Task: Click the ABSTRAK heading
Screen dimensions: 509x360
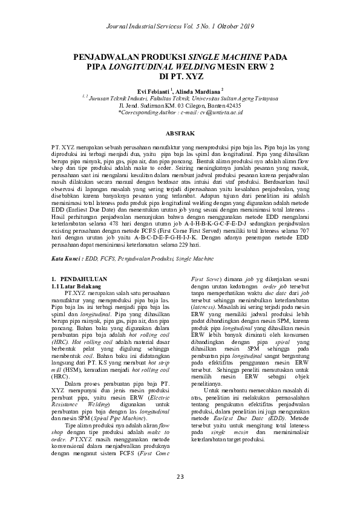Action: [180, 132]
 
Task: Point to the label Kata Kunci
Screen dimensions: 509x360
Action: [66, 241]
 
